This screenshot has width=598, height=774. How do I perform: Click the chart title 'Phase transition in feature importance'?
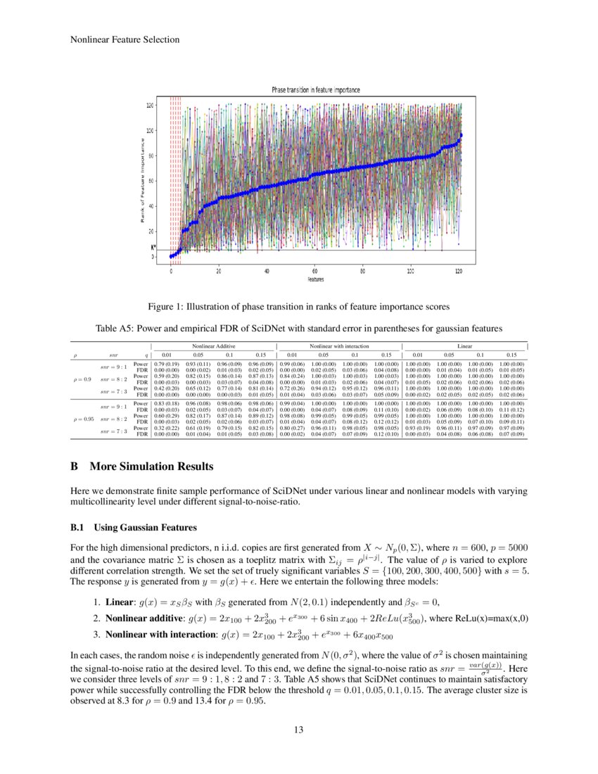click(x=316, y=90)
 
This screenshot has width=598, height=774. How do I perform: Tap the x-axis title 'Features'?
click(x=315, y=279)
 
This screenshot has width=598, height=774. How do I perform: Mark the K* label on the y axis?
click(x=153, y=248)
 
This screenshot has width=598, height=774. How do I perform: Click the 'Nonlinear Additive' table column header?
click(x=215, y=345)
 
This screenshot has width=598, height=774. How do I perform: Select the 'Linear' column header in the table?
click(x=464, y=345)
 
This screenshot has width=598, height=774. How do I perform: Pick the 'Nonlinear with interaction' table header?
click(x=339, y=345)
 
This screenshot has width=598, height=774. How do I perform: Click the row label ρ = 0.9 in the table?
click(x=82, y=379)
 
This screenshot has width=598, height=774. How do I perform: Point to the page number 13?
click(x=299, y=730)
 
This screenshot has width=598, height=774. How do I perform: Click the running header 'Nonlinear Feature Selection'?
click(x=125, y=39)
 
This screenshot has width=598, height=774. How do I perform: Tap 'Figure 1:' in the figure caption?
click(x=166, y=307)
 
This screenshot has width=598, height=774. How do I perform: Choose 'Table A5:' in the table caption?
click(x=116, y=328)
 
